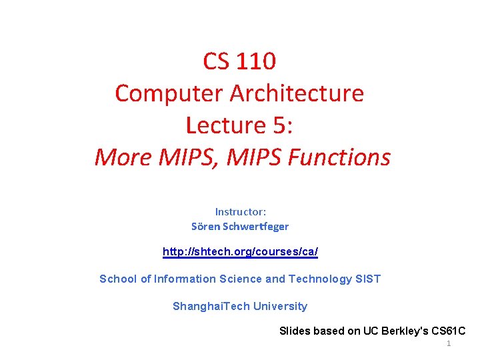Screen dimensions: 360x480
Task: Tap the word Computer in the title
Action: [169, 93]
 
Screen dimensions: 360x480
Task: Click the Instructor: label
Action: [240, 211]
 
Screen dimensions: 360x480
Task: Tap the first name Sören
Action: [205, 226]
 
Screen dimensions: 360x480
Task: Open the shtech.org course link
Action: [240, 252]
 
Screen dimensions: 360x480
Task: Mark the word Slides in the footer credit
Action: [294, 331]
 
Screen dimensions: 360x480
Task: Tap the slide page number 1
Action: [449, 343]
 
